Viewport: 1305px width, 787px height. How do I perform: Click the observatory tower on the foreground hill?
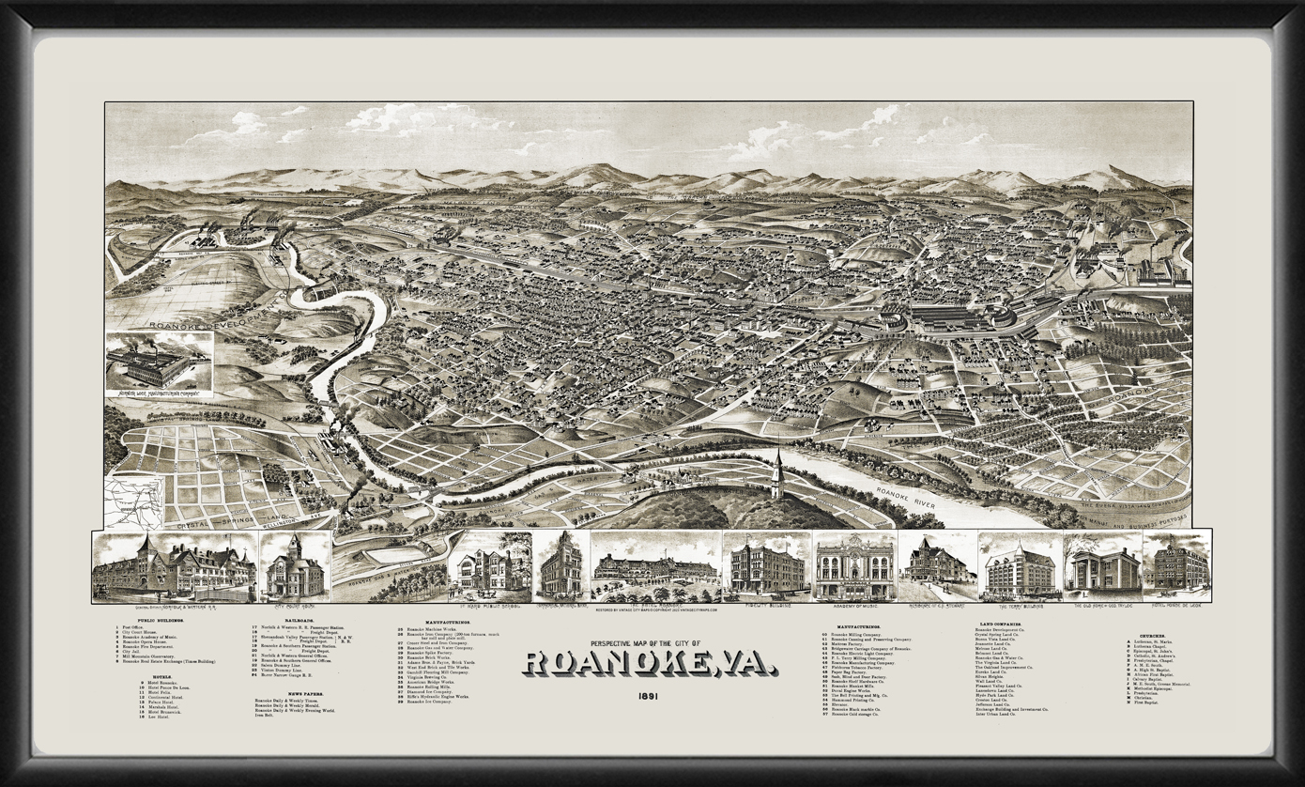point(776,474)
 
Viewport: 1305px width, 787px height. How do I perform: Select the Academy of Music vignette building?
point(854,566)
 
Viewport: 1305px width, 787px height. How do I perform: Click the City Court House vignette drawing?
point(294,566)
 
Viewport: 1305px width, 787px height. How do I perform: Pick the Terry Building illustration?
point(1019,566)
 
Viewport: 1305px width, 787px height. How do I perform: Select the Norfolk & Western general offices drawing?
point(175,566)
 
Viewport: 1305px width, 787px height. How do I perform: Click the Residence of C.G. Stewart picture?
point(937,566)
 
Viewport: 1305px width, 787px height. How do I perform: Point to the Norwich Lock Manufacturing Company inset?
point(159,364)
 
